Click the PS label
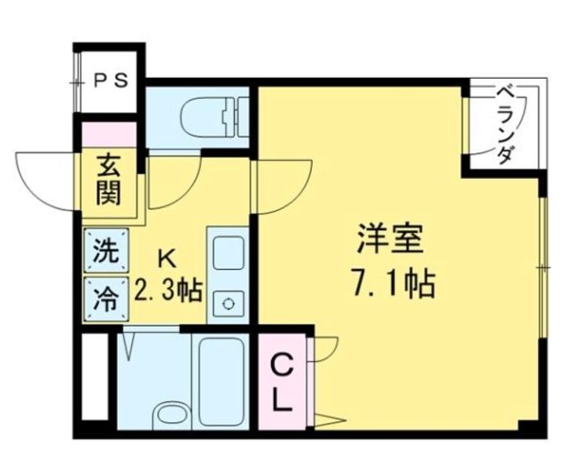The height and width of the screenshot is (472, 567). coord(112,79)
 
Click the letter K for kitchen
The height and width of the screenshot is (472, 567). coord(166,258)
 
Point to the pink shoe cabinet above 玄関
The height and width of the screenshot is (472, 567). coord(110,135)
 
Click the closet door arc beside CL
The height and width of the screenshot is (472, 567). coord(324,350)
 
